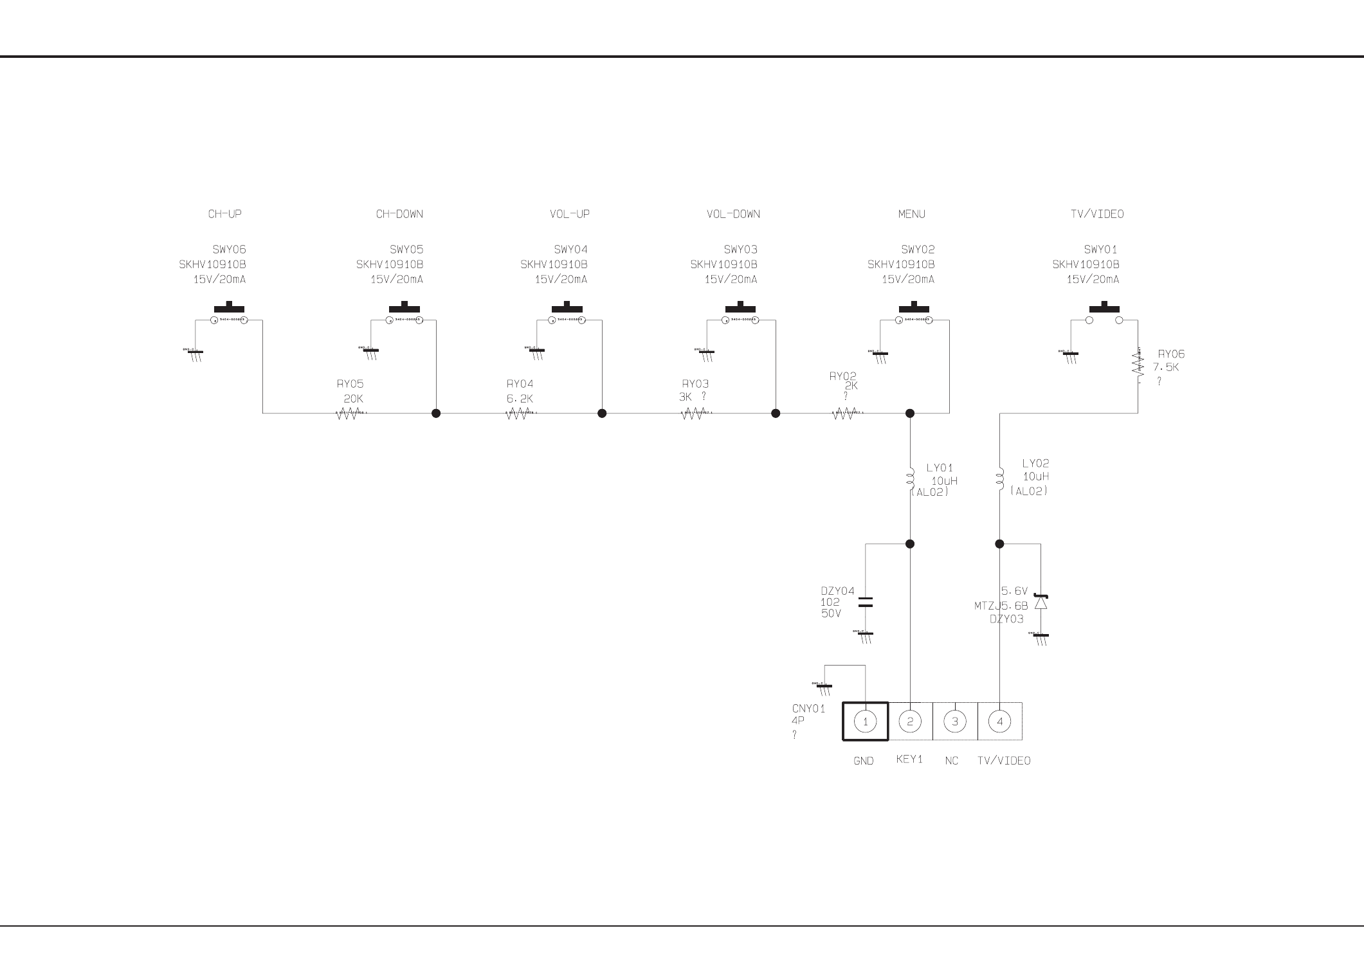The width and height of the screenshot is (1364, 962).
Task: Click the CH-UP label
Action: (224, 214)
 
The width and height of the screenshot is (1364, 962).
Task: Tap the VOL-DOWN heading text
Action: (733, 214)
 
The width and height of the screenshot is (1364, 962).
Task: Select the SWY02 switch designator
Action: (918, 250)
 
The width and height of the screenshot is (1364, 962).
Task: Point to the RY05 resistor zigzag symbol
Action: (347, 414)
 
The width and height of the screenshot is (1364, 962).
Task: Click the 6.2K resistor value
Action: (520, 399)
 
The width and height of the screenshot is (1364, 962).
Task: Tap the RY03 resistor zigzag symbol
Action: (693, 414)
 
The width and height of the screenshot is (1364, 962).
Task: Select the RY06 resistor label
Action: (1171, 354)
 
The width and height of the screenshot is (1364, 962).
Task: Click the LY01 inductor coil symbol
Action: (910, 478)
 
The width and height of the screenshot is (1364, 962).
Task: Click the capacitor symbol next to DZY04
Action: (866, 603)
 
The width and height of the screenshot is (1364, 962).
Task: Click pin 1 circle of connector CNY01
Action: (865, 721)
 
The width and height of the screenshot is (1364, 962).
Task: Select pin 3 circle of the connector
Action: (954, 721)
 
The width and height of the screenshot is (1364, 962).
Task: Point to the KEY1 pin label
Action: (909, 759)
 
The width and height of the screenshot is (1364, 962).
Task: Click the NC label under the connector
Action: (952, 761)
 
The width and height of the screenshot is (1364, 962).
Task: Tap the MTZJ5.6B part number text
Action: (1001, 606)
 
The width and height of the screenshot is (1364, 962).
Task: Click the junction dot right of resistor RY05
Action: (436, 413)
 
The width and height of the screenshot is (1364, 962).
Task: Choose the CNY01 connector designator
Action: (808, 709)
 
